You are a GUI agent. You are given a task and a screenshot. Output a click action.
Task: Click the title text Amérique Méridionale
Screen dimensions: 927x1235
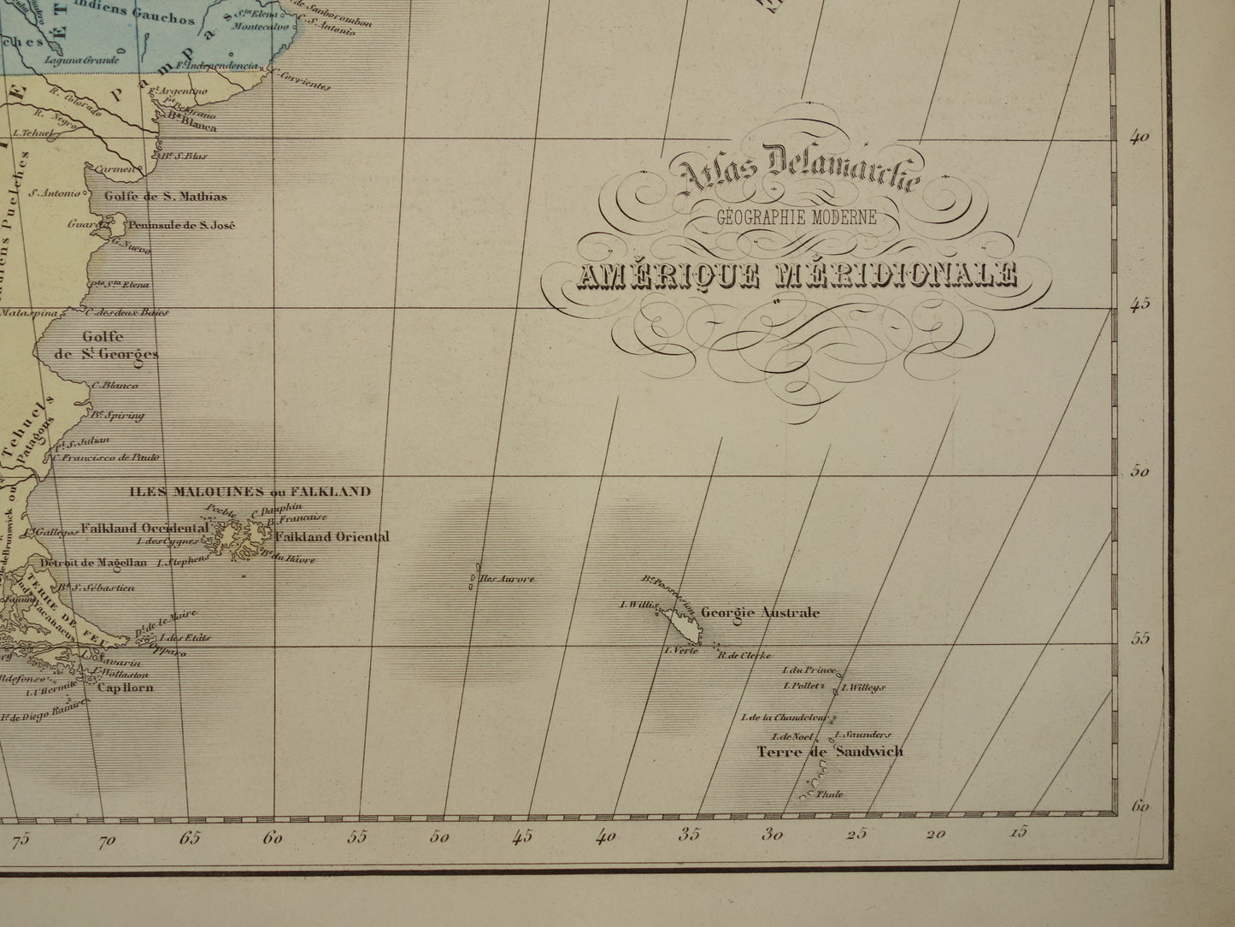(797, 275)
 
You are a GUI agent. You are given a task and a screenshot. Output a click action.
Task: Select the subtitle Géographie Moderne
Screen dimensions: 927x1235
(797, 218)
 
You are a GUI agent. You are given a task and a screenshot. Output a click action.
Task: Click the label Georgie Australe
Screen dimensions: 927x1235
(760, 613)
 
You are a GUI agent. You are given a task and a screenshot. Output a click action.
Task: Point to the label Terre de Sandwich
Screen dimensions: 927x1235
(829, 753)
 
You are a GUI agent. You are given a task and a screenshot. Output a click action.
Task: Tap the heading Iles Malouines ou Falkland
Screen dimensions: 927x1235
(250, 492)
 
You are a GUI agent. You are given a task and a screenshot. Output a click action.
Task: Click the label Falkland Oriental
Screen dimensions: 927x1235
(332, 537)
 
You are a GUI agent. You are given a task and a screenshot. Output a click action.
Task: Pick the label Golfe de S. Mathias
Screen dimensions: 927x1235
(165, 197)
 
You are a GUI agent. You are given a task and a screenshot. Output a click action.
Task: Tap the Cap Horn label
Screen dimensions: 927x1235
(125, 687)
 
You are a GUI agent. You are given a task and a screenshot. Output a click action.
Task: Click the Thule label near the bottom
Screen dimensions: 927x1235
(829, 794)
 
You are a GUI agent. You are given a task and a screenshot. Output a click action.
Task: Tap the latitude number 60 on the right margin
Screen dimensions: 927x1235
(1139, 806)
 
